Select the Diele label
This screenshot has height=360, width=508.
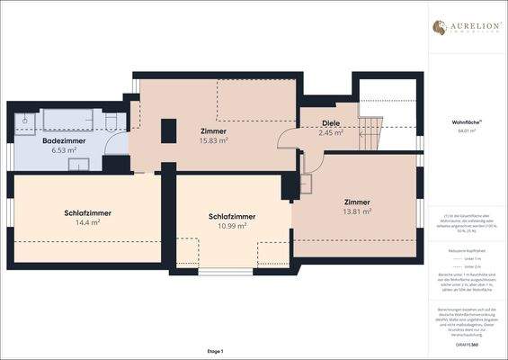pyautogui.click(x=331, y=123)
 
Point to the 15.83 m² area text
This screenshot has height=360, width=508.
pyautogui.click(x=213, y=140)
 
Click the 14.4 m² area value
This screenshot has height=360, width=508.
pyautogui.click(x=87, y=222)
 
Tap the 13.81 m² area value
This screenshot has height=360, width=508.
pyautogui.click(x=357, y=211)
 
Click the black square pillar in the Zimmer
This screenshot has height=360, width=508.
pyautogui.click(x=166, y=131)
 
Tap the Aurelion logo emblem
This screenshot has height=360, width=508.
pyautogui.click(x=439, y=27)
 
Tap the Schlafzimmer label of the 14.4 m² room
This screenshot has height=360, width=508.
pyautogui.click(x=87, y=212)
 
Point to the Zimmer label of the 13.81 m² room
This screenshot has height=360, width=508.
pyautogui.click(x=357, y=202)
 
